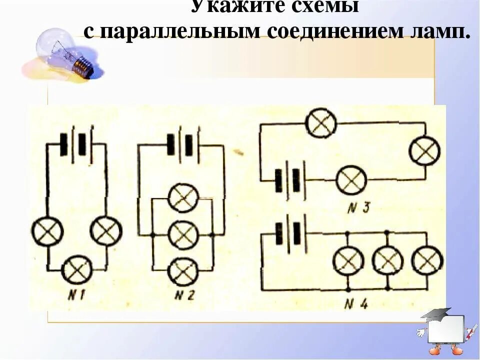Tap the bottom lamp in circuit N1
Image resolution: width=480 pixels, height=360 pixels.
click(77, 270)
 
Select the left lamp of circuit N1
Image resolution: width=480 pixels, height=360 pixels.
click(47, 231)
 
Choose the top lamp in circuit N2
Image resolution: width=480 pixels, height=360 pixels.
click(183, 198)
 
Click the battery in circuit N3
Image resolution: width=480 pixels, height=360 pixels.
click(290, 180)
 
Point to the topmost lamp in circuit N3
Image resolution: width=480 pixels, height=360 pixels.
click(321, 123)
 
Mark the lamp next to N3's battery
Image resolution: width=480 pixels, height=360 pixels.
click(351, 180)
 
